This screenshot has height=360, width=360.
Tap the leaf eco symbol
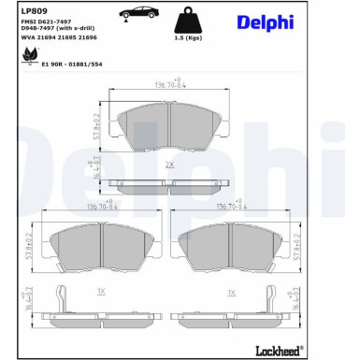pyautogui.click(x=25, y=59)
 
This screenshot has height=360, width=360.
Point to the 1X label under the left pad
pyautogui.click(x=100, y=293)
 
